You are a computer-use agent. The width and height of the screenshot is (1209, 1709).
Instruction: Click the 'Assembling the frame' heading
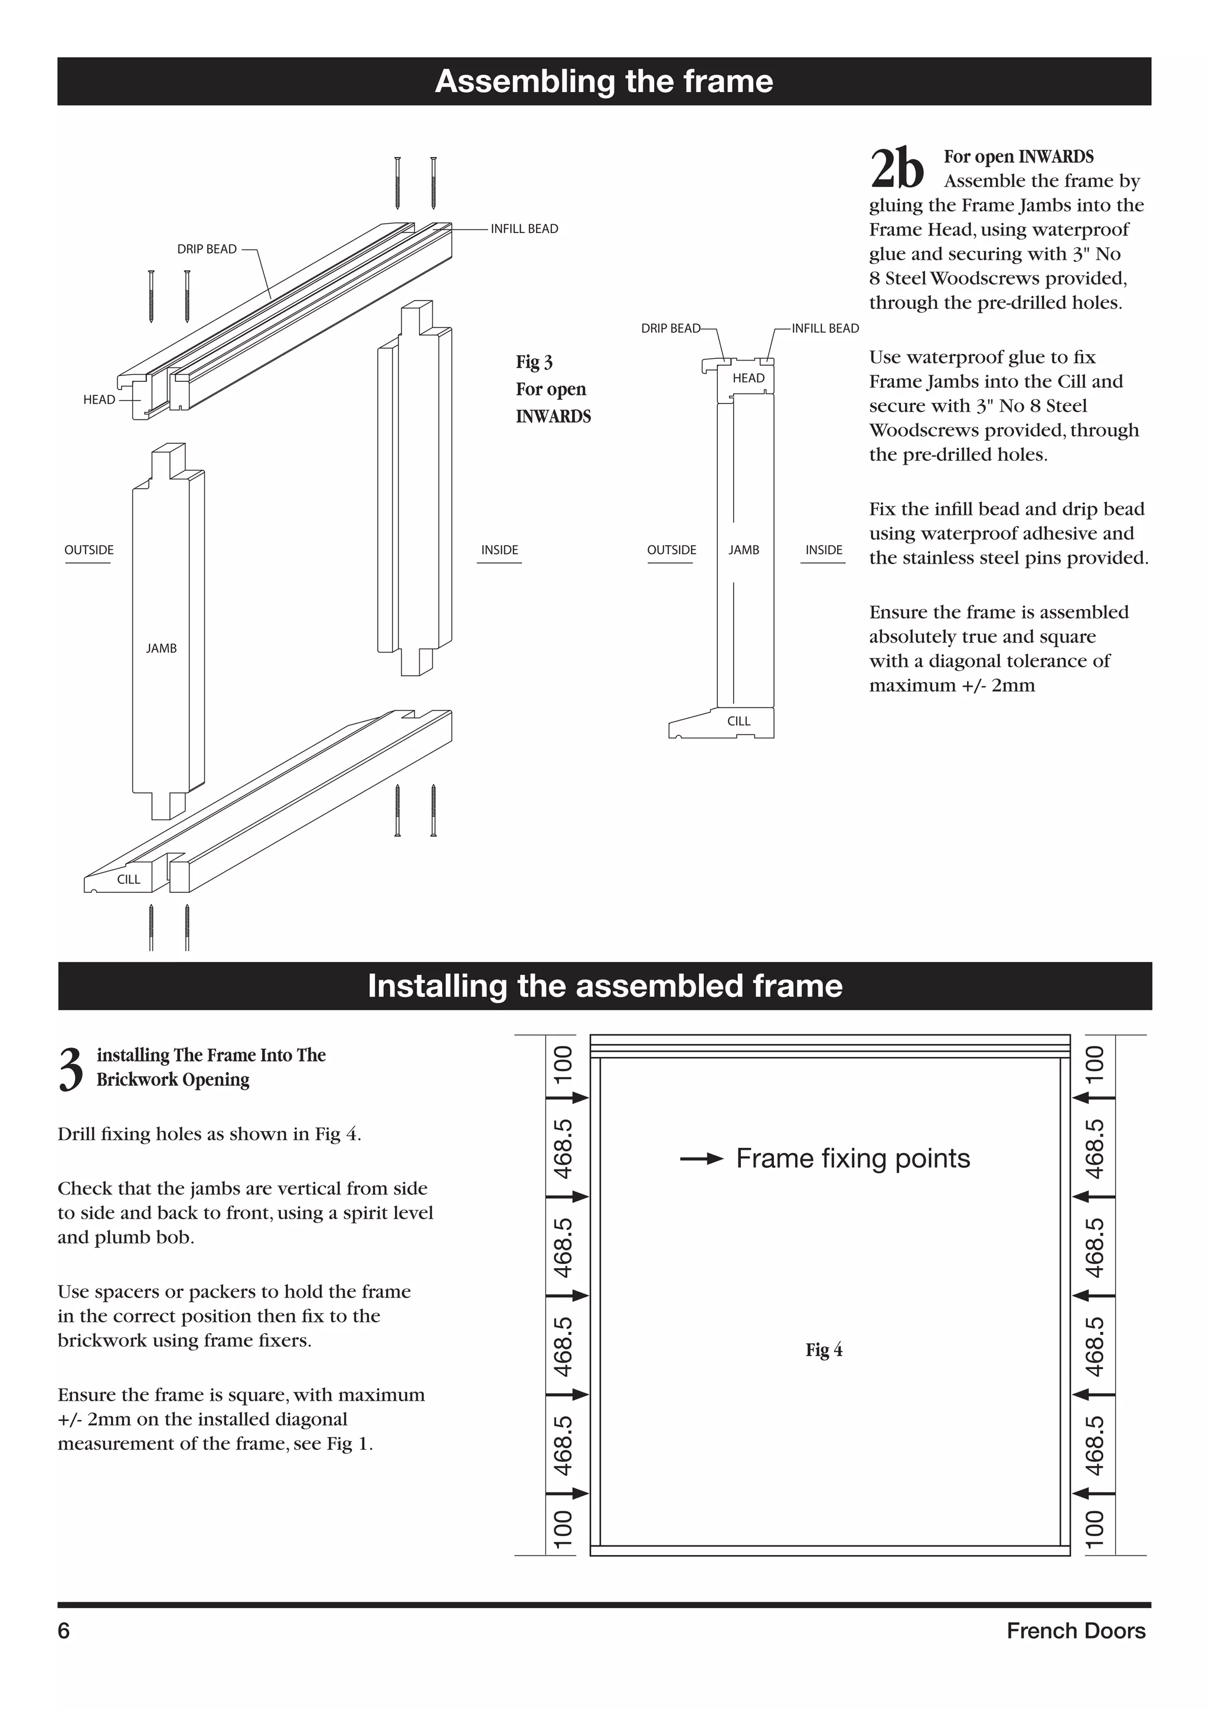604,81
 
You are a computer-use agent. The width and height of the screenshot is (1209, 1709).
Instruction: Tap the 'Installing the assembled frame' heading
604,986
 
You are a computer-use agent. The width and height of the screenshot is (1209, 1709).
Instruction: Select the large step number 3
71,1070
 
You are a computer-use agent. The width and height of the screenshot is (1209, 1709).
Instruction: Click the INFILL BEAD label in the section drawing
825,328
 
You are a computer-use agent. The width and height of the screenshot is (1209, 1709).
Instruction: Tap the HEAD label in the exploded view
99,400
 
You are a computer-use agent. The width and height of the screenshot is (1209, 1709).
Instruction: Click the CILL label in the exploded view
129,879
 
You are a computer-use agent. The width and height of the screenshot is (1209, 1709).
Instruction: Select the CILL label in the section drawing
739,721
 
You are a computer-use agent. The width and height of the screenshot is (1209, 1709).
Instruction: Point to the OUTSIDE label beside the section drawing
671,550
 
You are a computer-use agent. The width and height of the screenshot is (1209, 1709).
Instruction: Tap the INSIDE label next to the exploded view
499,550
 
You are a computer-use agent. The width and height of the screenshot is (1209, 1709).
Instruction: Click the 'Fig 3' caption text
534,362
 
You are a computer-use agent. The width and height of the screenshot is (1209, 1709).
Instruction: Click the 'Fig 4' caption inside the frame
824,1350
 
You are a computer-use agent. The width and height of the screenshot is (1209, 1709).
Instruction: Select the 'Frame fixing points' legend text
852,1158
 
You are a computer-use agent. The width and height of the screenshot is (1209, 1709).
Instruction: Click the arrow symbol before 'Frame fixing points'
701,1159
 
